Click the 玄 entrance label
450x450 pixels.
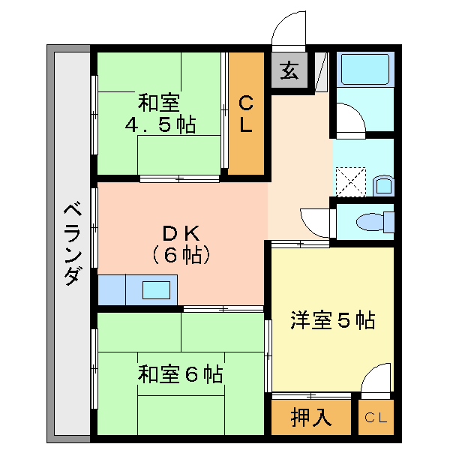click(289, 71)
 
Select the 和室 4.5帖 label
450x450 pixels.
click(160, 113)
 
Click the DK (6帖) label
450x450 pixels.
click(181, 244)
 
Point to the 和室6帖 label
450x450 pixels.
click(180, 373)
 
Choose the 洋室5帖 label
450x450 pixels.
click(333, 321)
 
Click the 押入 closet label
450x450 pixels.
click(311, 418)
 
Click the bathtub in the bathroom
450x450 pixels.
click(364, 70)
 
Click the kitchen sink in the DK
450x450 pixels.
click(155, 289)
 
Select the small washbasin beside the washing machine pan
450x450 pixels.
click(382, 184)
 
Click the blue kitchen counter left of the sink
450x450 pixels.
click(112, 289)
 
